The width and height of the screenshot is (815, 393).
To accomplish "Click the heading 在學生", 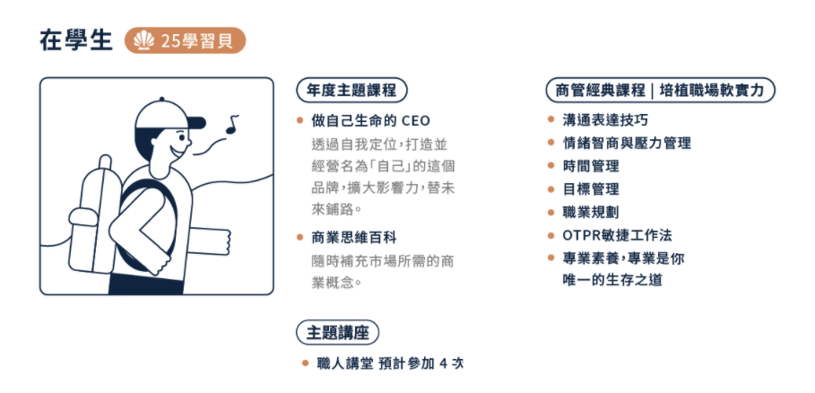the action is click(x=76, y=41).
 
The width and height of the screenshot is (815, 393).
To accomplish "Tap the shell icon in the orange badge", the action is click(x=144, y=40).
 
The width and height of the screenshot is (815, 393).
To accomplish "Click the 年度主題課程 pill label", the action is click(x=351, y=91).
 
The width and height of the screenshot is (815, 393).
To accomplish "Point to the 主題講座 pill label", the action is click(x=337, y=333).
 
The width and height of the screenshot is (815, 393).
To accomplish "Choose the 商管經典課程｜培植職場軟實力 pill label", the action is click(x=660, y=91).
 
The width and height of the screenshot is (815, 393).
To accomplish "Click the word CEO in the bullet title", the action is click(x=416, y=121).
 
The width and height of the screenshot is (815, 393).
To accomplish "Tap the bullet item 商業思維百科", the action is click(x=354, y=238).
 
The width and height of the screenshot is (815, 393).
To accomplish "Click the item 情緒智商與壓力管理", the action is click(x=627, y=143).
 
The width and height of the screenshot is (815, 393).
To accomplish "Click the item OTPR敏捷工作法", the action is click(x=618, y=235).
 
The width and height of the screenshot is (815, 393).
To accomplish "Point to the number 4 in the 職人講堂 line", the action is click(x=444, y=363).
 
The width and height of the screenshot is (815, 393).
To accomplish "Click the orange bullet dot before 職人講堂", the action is click(x=305, y=363).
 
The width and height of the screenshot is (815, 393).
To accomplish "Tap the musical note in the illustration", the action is click(x=232, y=124).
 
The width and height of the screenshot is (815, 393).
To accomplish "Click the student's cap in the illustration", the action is click(x=168, y=115).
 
